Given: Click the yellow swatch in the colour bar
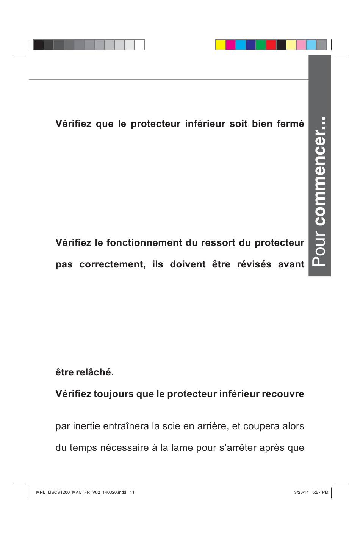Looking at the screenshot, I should click(221, 45).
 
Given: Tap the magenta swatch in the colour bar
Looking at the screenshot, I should click(231, 45).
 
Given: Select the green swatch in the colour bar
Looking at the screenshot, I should click(261, 45).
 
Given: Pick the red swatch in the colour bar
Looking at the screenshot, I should click(271, 45).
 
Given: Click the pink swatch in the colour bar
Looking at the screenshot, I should click(301, 45).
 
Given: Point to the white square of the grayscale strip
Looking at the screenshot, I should click(140, 45).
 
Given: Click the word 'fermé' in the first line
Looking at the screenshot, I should click(291, 124).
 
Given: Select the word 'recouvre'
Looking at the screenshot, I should click(286, 394).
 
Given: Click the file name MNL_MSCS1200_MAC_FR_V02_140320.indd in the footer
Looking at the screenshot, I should click(81, 493).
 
